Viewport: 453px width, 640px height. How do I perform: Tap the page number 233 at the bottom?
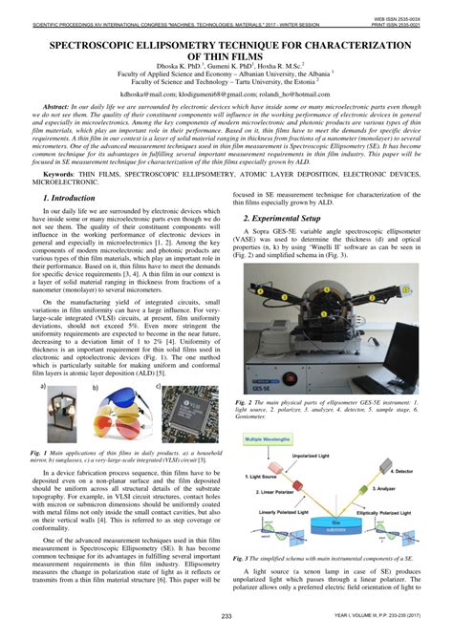226,614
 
